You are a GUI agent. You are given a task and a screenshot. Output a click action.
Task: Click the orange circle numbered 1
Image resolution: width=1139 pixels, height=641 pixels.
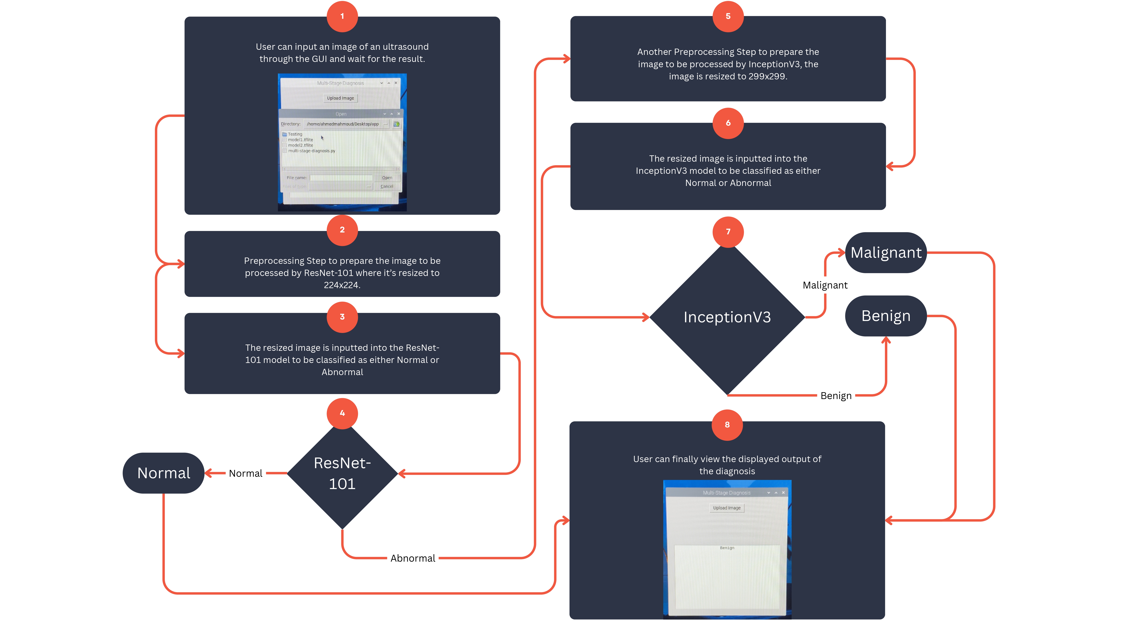(x=342, y=16)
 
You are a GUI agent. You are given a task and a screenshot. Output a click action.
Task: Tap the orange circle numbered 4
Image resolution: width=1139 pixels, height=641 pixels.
(x=342, y=413)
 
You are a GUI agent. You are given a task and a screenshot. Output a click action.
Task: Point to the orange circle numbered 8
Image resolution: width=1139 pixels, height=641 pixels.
(x=727, y=425)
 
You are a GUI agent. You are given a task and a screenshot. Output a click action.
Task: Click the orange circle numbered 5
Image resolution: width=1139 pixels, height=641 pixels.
(x=728, y=16)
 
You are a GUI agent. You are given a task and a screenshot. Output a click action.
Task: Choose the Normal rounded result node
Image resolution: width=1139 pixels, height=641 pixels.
(x=164, y=473)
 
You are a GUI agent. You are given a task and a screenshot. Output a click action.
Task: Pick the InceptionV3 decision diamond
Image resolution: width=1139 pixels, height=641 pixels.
(x=727, y=317)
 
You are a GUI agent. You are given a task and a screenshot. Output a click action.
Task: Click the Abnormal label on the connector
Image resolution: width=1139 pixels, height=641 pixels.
(x=413, y=558)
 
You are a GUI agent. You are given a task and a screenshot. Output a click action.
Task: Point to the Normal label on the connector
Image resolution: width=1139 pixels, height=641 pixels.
(x=245, y=473)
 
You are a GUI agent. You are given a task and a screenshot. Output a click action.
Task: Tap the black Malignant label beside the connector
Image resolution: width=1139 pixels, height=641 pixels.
(x=825, y=285)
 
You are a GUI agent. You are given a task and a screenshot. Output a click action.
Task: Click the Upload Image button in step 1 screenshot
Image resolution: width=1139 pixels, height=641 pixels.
(x=340, y=98)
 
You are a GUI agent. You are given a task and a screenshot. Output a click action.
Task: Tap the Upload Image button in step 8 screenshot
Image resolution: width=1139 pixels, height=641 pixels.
(x=726, y=508)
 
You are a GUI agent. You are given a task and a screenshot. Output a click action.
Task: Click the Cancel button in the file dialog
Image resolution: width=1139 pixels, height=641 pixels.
(x=387, y=186)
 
